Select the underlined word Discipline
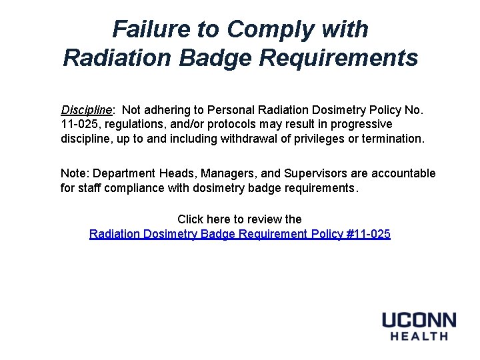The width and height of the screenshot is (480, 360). [86, 109]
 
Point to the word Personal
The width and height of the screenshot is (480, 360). [236, 109]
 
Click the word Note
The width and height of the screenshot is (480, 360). [73, 173]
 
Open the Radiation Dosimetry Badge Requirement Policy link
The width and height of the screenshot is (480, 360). [240, 234]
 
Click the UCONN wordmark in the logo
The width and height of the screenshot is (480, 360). [419, 320]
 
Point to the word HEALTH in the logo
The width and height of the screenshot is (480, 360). [419, 336]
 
